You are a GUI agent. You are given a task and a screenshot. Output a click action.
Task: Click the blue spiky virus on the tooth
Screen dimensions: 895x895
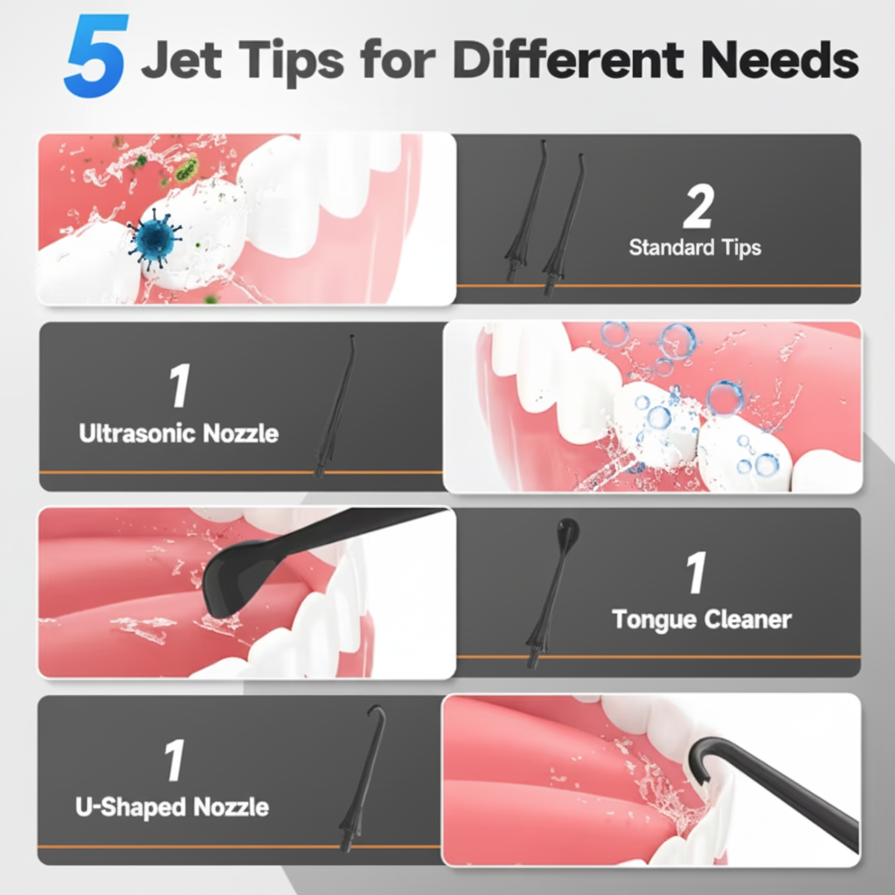tap(156, 237)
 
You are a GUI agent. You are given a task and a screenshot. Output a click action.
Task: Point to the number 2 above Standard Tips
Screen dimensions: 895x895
tap(697, 208)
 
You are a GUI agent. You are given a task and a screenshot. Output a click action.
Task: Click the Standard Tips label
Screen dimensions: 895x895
tap(695, 247)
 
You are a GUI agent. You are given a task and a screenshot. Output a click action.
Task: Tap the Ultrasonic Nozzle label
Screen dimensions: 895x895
tap(179, 433)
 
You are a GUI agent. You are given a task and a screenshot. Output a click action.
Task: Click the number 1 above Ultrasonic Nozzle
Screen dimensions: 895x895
tap(179, 388)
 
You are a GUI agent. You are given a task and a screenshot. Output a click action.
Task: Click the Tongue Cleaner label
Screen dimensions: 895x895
tap(702, 620)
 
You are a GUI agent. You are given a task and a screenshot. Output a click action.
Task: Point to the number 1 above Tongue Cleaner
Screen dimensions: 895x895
tap(696, 574)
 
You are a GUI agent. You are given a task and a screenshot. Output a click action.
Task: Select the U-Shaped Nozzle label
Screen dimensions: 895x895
tap(172, 806)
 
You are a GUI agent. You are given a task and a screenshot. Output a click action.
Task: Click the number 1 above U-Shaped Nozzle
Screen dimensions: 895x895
tap(175, 760)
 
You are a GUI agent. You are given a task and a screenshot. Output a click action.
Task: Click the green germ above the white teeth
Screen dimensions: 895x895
tap(185, 170)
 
